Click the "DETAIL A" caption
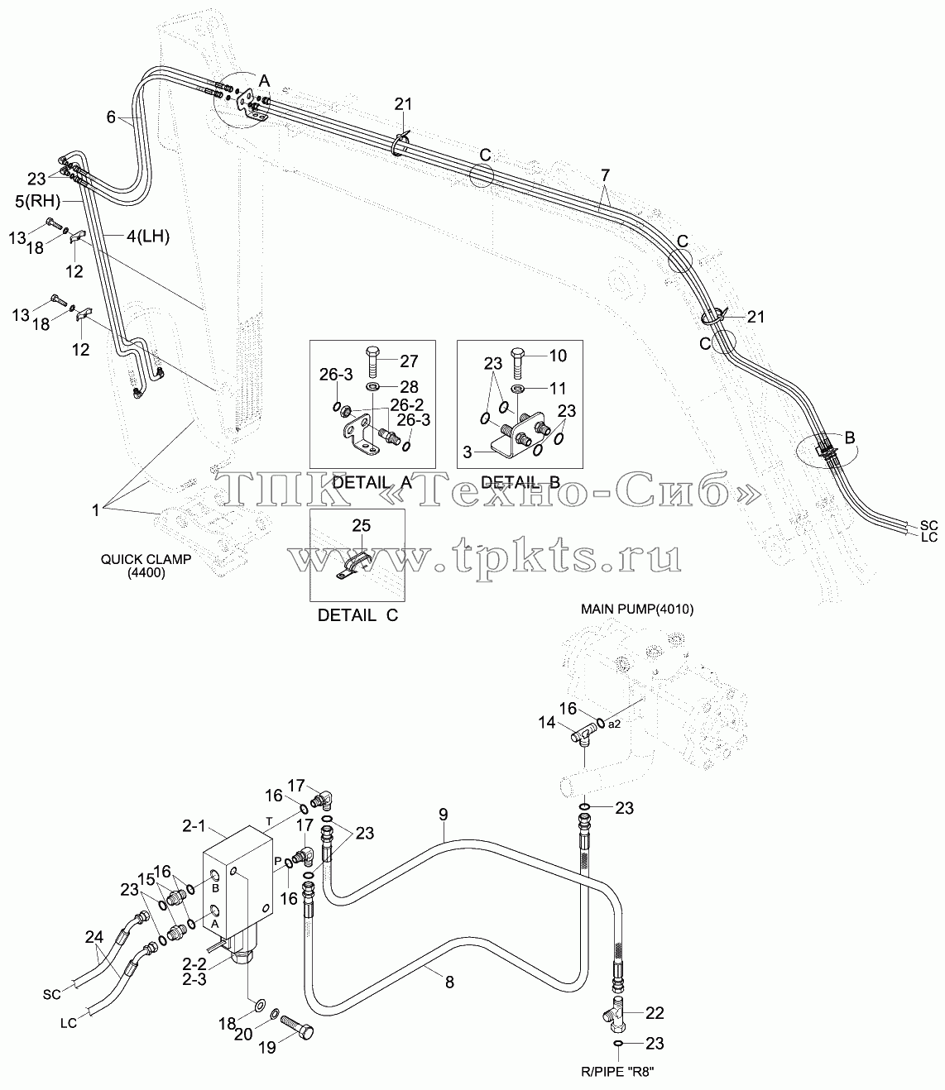point(372,482)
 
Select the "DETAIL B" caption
point(520,482)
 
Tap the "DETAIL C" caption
point(357,615)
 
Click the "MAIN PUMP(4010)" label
point(637,609)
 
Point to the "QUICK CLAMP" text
point(146,560)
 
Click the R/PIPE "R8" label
point(618,1072)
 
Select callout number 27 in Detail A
point(409,361)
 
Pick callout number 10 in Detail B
point(558,356)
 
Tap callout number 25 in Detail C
point(362,525)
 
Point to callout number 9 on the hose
point(444,815)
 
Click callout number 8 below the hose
point(449,982)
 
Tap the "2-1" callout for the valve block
point(194,826)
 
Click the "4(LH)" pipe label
point(148,237)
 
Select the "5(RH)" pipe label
point(37,202)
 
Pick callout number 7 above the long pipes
point(605,175)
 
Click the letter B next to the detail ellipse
point(850,437)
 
